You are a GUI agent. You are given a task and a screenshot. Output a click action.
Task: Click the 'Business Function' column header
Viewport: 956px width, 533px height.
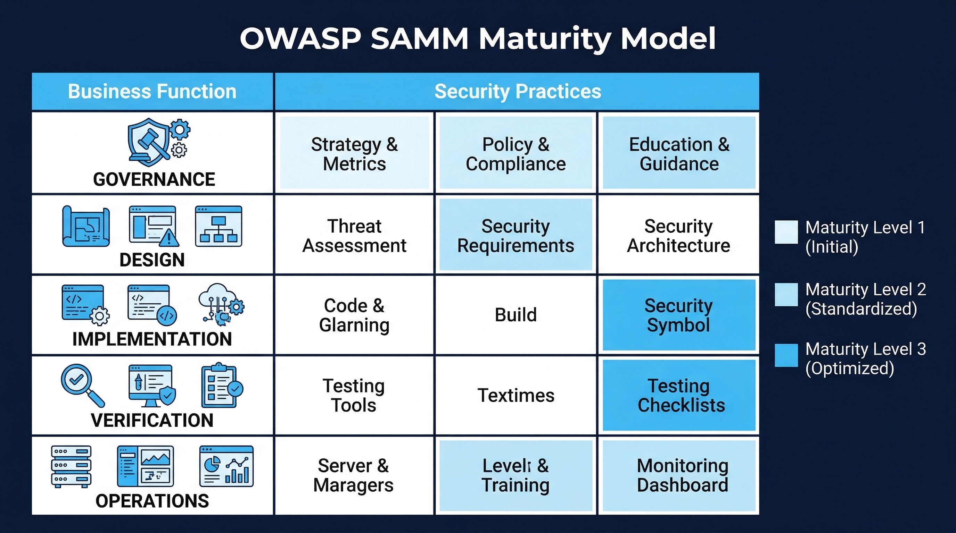(152, 92)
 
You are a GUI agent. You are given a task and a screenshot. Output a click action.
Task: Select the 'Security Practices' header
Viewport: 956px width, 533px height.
(517, 92)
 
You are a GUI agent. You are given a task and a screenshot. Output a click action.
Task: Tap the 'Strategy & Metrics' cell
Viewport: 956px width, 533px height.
(354, 154)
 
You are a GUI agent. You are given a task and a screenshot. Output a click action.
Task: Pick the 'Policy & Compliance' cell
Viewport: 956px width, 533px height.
(516, 154)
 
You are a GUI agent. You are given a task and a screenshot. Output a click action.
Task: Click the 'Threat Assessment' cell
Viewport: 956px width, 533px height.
(354, 236)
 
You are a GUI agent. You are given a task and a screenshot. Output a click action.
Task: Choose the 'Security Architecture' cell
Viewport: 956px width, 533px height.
(678, 236)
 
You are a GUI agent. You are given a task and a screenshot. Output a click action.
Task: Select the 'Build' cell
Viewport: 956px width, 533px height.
(516, 315)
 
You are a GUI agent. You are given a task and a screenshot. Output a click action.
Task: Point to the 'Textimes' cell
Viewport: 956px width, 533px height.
(516, 396)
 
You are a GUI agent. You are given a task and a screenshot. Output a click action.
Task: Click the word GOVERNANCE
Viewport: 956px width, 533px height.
(154, 179)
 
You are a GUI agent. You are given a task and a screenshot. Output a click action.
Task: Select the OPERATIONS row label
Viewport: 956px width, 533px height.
(152, 501)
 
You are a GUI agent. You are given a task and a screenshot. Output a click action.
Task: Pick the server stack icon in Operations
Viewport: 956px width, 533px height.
(71, 466)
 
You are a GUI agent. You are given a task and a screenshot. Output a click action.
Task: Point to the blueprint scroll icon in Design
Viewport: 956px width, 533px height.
(86, 226)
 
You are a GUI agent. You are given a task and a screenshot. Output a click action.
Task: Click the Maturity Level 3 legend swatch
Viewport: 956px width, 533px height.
(786, 355)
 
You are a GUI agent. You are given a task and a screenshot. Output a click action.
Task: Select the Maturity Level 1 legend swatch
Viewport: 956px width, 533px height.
(786, 232)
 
